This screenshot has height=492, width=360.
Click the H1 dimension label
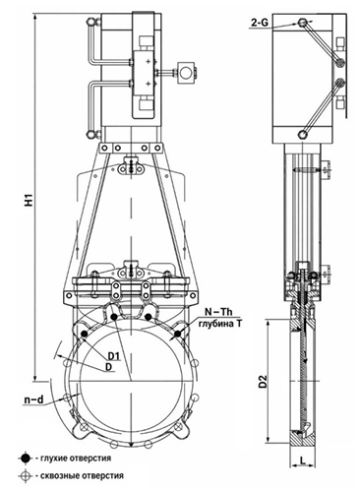tap(30, 200)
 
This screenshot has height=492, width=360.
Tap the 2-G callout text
tap(260, 23)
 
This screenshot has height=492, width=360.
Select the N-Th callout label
tap(218, 312)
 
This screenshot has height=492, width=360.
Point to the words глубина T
tap(219, 324)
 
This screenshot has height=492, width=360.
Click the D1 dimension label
tap(115, 356)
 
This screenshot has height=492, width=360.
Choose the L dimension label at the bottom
tap(303, 461)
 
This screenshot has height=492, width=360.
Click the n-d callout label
tap(34, 400)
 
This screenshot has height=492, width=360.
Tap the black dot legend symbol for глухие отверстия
tap(26, 458)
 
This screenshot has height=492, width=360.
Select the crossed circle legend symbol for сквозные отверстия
tap(26, 475)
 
